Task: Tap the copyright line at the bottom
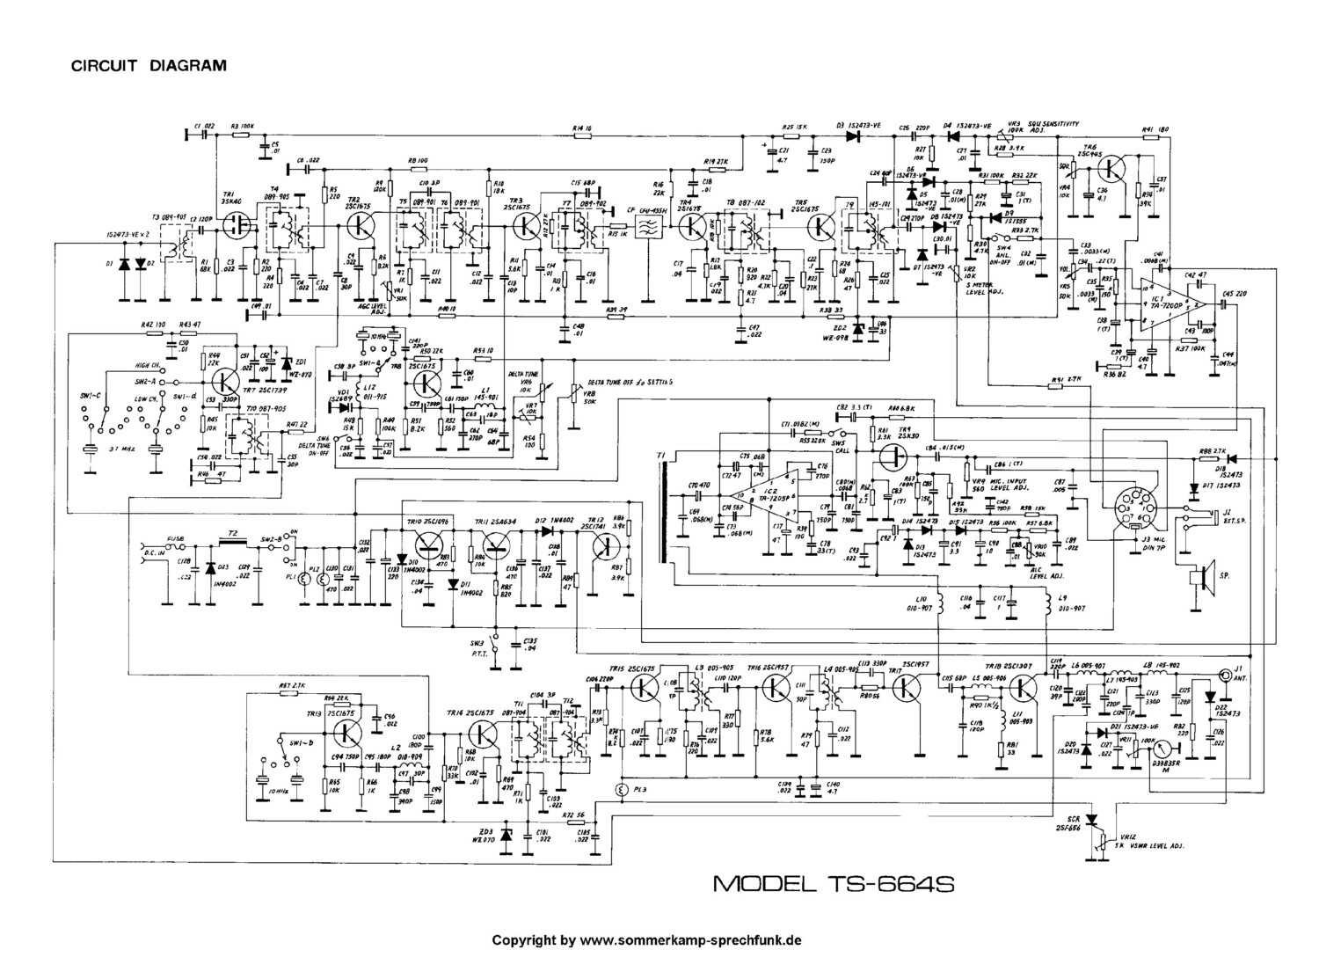[x=646, y=939]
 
